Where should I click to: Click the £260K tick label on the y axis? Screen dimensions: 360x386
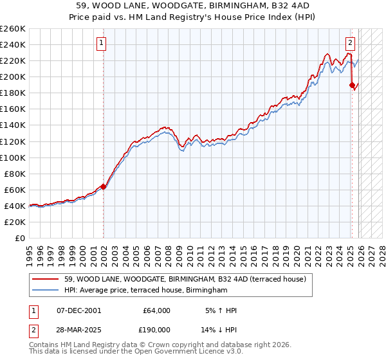click(12, 29)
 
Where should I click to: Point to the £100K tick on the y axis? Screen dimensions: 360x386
click(12, 157)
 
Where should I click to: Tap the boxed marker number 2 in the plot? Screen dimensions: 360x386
click(350, 44)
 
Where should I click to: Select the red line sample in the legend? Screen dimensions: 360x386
click(46, 279)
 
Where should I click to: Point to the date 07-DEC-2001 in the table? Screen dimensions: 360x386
click(78, 310)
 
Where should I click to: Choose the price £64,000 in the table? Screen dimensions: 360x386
click(156, 310)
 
